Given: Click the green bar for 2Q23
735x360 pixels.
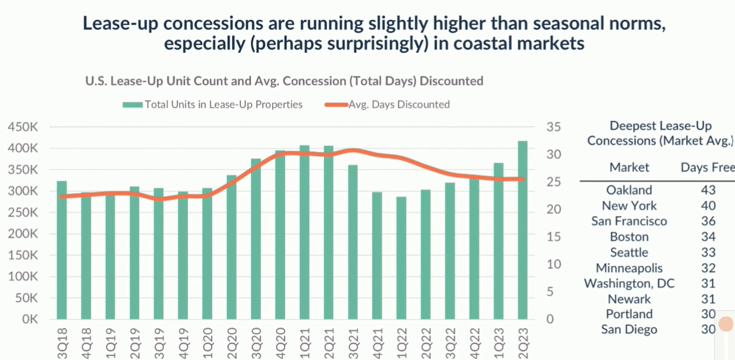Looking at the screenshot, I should coord(522,229).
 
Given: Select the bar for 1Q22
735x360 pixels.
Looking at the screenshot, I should coord(401,257).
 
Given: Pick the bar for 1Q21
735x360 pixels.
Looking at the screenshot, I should coord(304,232).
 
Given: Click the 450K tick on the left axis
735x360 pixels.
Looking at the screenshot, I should coord(22,127).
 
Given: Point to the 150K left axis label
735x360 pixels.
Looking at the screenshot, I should coord(22,256).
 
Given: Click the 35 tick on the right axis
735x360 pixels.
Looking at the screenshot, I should coord(553,127).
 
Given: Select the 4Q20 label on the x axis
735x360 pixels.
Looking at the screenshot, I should coord(280,345).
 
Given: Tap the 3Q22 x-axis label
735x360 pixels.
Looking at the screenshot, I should coord(450,345).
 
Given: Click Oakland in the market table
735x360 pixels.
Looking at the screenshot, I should coord(629,190).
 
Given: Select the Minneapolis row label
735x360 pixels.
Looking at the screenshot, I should coord(629,268).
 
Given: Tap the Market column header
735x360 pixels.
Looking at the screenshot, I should coord(629,167).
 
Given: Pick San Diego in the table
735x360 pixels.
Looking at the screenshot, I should coord(629,329).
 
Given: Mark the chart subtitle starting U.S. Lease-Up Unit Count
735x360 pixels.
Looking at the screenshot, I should coord(284,81).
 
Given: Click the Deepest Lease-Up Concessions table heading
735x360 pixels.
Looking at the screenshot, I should coord(660,133).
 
